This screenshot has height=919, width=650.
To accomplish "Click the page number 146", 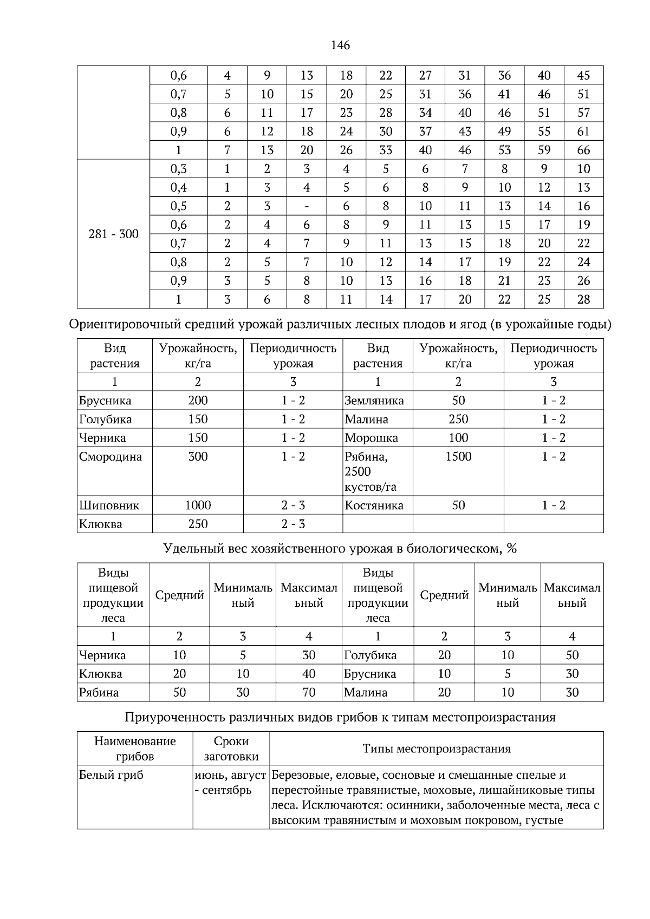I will click(x=340, y=45).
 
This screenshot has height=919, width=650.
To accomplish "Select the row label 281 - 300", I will click(x=113, y=234).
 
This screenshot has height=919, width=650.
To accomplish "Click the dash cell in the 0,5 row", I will click(x=307, y=206).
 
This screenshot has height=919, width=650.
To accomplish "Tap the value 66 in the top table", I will click(x=583, y=150).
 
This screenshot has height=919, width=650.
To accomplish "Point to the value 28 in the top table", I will click(x=583, y=299).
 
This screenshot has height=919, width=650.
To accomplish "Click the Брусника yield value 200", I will click(x=198, y=401).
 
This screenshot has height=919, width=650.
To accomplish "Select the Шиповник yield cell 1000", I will click(x=198, y=506).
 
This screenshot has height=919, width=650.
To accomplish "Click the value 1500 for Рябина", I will click(x=458, y=457).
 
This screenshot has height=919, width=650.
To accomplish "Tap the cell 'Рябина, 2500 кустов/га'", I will click(x=370, y=471).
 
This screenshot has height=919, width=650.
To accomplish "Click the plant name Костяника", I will click(x=374, y=506).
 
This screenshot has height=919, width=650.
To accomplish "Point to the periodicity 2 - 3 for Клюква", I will click(x=293, y=524).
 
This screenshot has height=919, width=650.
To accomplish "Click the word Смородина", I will click(x=110, y=457).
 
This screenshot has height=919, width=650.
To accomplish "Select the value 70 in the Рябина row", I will click(x=309, y=692).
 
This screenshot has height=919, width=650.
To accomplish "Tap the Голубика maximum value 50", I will click(x=572, y=655).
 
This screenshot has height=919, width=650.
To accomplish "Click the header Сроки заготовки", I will click(x=231, y=749).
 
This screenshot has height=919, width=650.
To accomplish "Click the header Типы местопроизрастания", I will click(x=436, y=749).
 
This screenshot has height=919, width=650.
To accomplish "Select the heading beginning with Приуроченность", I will click(x=340, y=718).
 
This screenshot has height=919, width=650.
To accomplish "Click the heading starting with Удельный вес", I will click(x=340, y=549).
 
